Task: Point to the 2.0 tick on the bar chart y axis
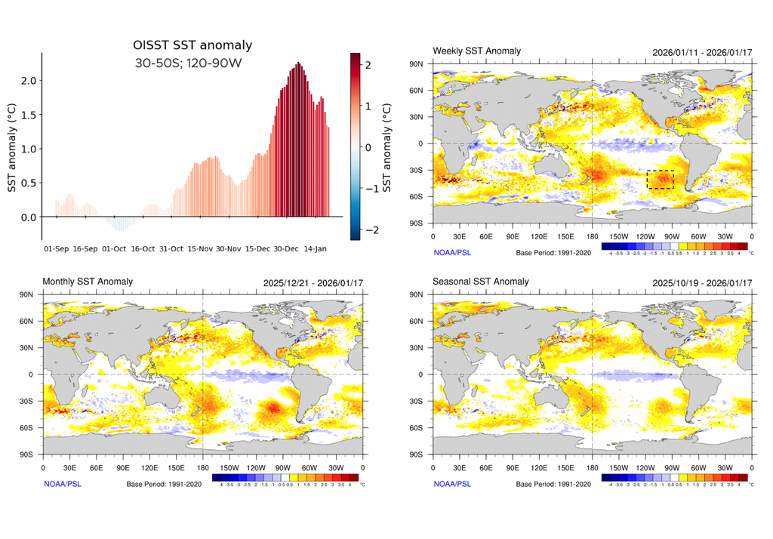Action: point(29,80)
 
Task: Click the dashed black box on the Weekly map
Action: point(660,180)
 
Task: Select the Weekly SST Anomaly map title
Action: point(476,51)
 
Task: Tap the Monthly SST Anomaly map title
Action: point(88,282)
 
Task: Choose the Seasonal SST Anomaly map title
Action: point(480,282)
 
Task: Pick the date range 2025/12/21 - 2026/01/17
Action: point(311,282)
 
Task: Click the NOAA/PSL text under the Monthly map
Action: point(62,484)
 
